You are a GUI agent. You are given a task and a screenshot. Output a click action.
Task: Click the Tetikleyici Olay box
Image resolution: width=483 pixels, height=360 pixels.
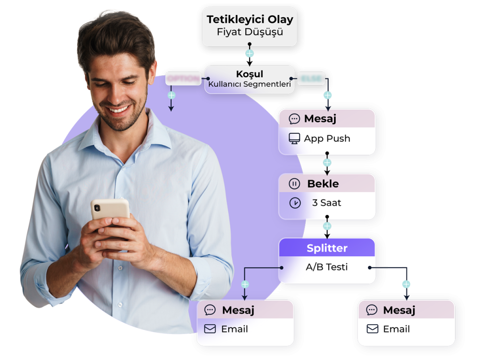[250, 26]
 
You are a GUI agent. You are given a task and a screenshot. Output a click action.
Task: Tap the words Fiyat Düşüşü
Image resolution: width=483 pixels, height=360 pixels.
[250, 33]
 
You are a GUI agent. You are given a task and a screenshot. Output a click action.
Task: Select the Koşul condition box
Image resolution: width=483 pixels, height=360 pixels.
[250, 79]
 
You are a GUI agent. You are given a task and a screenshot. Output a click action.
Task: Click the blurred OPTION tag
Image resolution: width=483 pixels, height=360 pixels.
[183, 79]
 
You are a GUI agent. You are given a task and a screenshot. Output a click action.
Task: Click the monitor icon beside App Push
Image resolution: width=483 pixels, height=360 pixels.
[294, 139]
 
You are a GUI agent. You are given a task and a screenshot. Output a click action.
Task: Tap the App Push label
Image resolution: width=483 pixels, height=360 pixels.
[327, 139]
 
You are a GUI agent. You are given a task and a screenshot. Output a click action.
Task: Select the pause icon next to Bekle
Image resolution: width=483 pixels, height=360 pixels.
[294, 184]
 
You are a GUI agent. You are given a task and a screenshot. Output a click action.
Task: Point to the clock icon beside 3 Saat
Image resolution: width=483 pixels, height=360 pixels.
[295, 203]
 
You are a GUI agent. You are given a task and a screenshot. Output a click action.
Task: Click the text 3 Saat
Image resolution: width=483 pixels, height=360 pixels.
[326, 203]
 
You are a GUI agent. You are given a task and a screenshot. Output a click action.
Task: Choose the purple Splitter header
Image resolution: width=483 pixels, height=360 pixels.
[327, 248]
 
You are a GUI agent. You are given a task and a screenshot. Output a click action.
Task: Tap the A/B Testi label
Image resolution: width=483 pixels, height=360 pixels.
[327, 267]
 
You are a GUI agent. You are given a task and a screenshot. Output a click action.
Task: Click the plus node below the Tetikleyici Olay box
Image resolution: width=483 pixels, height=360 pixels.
[250, 54]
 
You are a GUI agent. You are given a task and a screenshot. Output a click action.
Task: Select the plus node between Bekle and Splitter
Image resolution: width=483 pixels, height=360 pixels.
[327, 226]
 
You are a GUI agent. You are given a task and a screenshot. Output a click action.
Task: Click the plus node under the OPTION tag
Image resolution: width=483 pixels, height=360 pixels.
[171, 95]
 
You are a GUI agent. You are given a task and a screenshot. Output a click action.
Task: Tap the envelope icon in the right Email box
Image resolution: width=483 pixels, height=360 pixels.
[373, 329]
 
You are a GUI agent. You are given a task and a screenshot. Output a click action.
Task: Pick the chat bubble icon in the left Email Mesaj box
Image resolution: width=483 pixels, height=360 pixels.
[210, 310]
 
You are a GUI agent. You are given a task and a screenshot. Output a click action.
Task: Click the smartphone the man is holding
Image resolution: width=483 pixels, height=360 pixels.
[110, 209]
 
